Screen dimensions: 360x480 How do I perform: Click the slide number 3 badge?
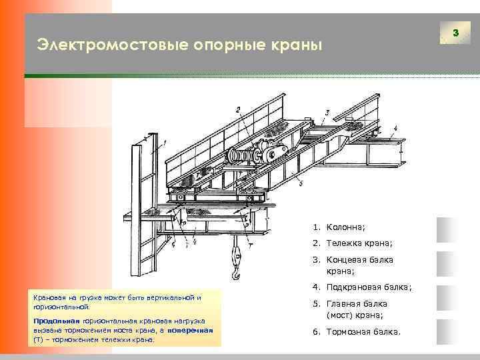pyautogui.click(x=455, y=33)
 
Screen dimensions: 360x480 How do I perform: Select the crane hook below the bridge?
pyautogui.click(x=235, y=263)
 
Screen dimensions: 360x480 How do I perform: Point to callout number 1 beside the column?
pyautogui.click(x=165, y=141)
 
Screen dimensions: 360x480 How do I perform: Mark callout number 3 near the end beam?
pyautogui.click(x=327, y=111)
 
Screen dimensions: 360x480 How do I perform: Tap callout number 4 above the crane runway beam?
pyautogui.click(x=395, y=127)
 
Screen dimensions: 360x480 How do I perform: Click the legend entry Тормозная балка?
pyautogui.click(x=363, y=331)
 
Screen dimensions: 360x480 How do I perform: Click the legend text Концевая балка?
pyautogui.click(x=359, y=260)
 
